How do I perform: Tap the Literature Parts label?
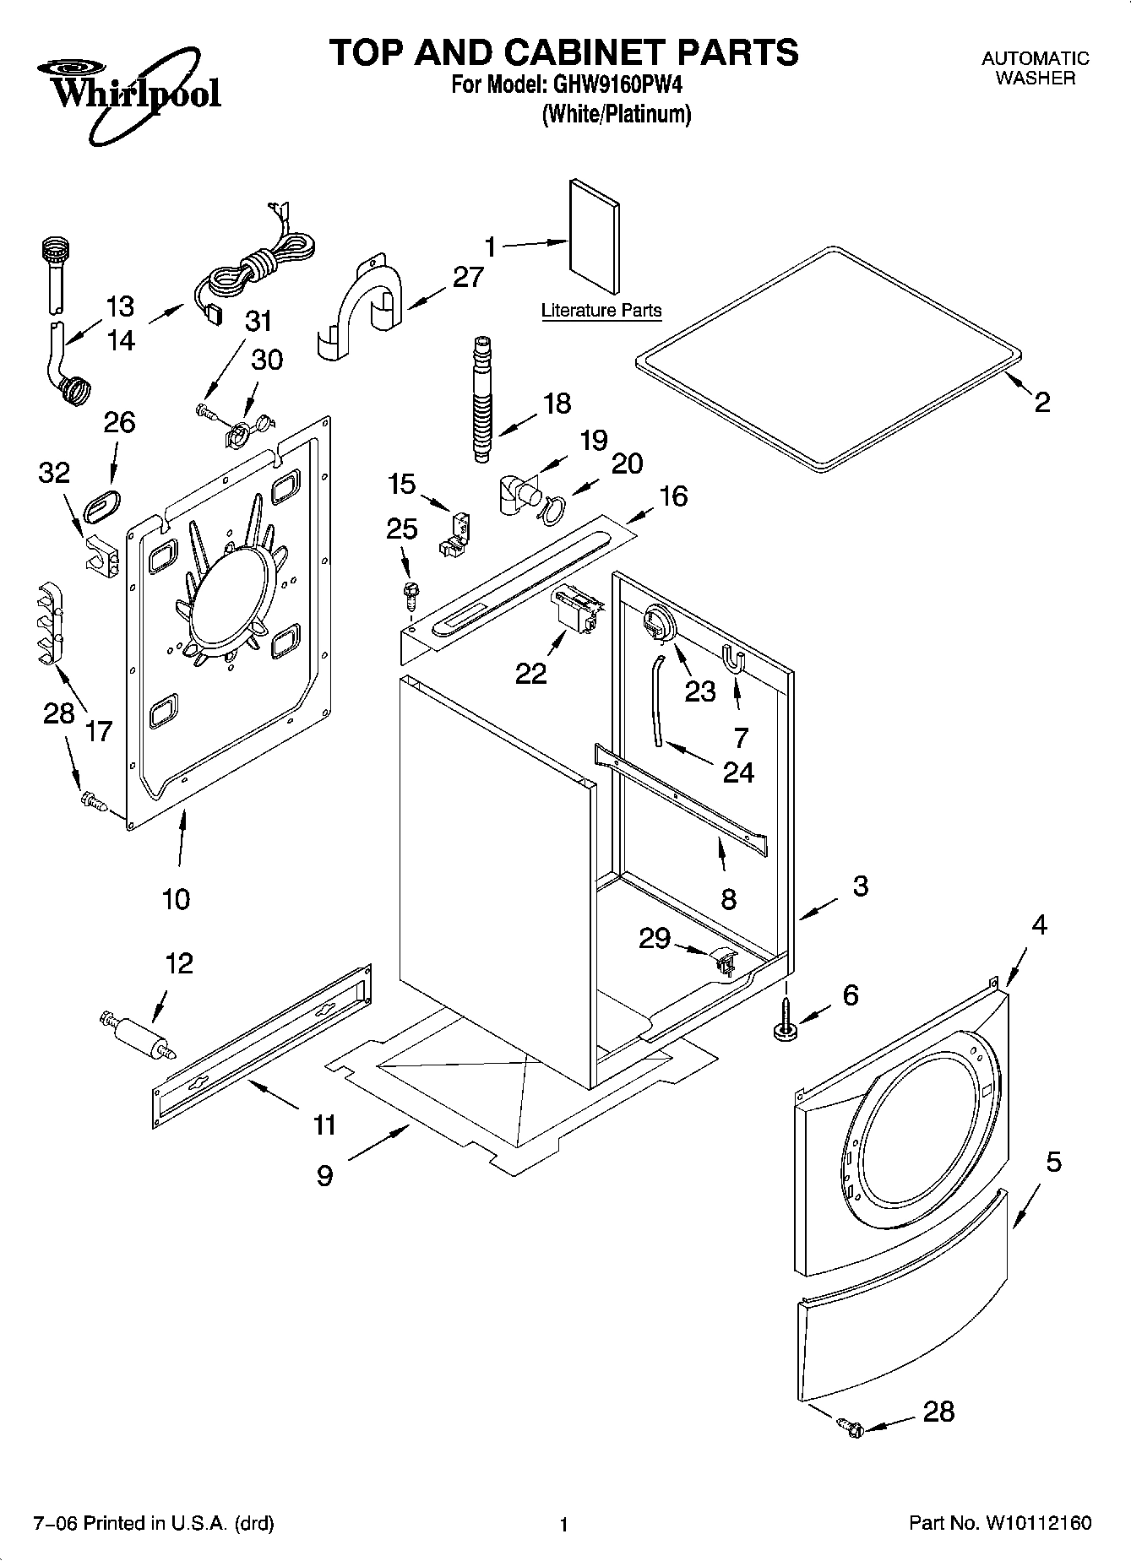[x=601, y=311]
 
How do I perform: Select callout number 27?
[x=468, y=277]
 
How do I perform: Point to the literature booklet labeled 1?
[x=595, y=236]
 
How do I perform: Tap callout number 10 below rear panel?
[x=176, y=899]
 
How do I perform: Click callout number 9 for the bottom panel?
[x=325, y=1175]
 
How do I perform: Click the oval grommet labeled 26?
[x=103, y=500]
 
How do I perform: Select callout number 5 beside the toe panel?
[x=1052, y=1163]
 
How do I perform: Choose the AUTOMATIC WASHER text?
[x=1035, y=68]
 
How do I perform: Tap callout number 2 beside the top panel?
[x=1042, y=402]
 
